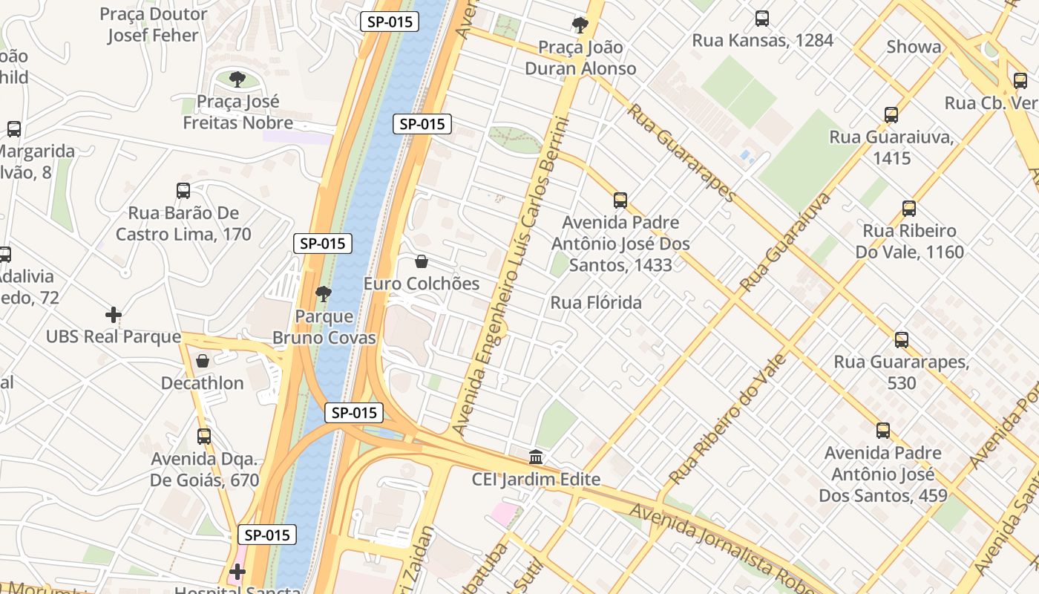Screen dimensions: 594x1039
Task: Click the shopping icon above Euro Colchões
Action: click(421, 261)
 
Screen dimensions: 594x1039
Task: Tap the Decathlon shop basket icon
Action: click(203, 361)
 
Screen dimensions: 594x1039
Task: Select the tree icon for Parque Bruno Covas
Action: click(324, 294)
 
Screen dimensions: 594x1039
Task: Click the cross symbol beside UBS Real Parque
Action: click(114, 315)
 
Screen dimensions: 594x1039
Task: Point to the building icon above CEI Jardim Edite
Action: click(536, 457)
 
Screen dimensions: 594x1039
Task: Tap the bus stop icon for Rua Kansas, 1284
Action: click(762, 19)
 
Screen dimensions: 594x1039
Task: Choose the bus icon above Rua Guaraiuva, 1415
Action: click(891, 115)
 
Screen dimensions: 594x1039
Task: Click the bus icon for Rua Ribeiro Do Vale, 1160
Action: click(909, 209)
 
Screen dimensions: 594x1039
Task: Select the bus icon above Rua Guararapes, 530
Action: click(902, 340)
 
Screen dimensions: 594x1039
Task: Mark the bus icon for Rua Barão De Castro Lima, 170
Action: click(183, 191)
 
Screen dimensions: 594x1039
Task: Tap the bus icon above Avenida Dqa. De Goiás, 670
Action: click(204, 437)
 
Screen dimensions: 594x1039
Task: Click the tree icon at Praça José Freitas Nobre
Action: click(237, 79)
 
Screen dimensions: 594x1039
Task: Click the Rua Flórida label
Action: click(596, 303)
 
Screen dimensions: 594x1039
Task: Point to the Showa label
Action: click(914, 47)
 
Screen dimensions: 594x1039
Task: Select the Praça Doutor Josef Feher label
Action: click(154, 25)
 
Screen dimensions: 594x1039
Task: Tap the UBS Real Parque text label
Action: click(114, 337)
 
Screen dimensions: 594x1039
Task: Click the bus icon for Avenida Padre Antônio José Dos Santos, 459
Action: click(883, 431)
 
